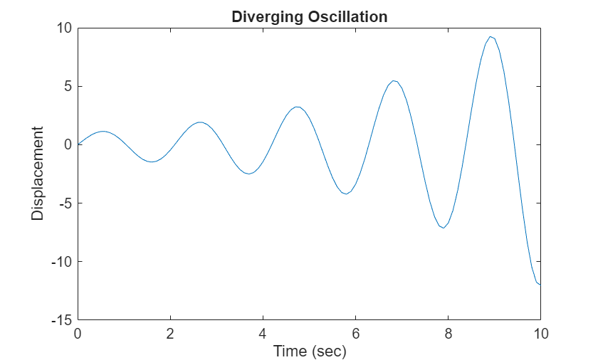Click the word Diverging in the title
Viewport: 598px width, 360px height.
(263, 17)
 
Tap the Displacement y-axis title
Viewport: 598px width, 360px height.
(38, 174)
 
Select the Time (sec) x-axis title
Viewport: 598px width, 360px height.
(309, 351)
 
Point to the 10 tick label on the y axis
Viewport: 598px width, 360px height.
(64, 28)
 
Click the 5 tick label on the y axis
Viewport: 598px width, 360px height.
(68, 86)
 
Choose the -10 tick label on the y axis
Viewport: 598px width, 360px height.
(63, 262)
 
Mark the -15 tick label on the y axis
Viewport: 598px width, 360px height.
(63, 320)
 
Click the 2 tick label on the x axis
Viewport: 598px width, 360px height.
(170, 334)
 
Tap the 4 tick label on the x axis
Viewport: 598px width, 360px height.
(263, 334)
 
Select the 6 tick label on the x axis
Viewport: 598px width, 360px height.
(355, 334)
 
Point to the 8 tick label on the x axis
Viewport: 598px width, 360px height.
(448, 334)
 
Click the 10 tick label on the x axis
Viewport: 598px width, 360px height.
(540, 334)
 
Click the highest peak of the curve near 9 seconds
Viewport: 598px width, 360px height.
(491, 36)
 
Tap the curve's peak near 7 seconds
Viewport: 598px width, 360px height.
(394, 80)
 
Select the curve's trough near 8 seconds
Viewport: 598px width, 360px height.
(443, 228)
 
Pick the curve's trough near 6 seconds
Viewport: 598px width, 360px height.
(346, 194)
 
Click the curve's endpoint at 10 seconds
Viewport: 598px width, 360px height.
(540, 285)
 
